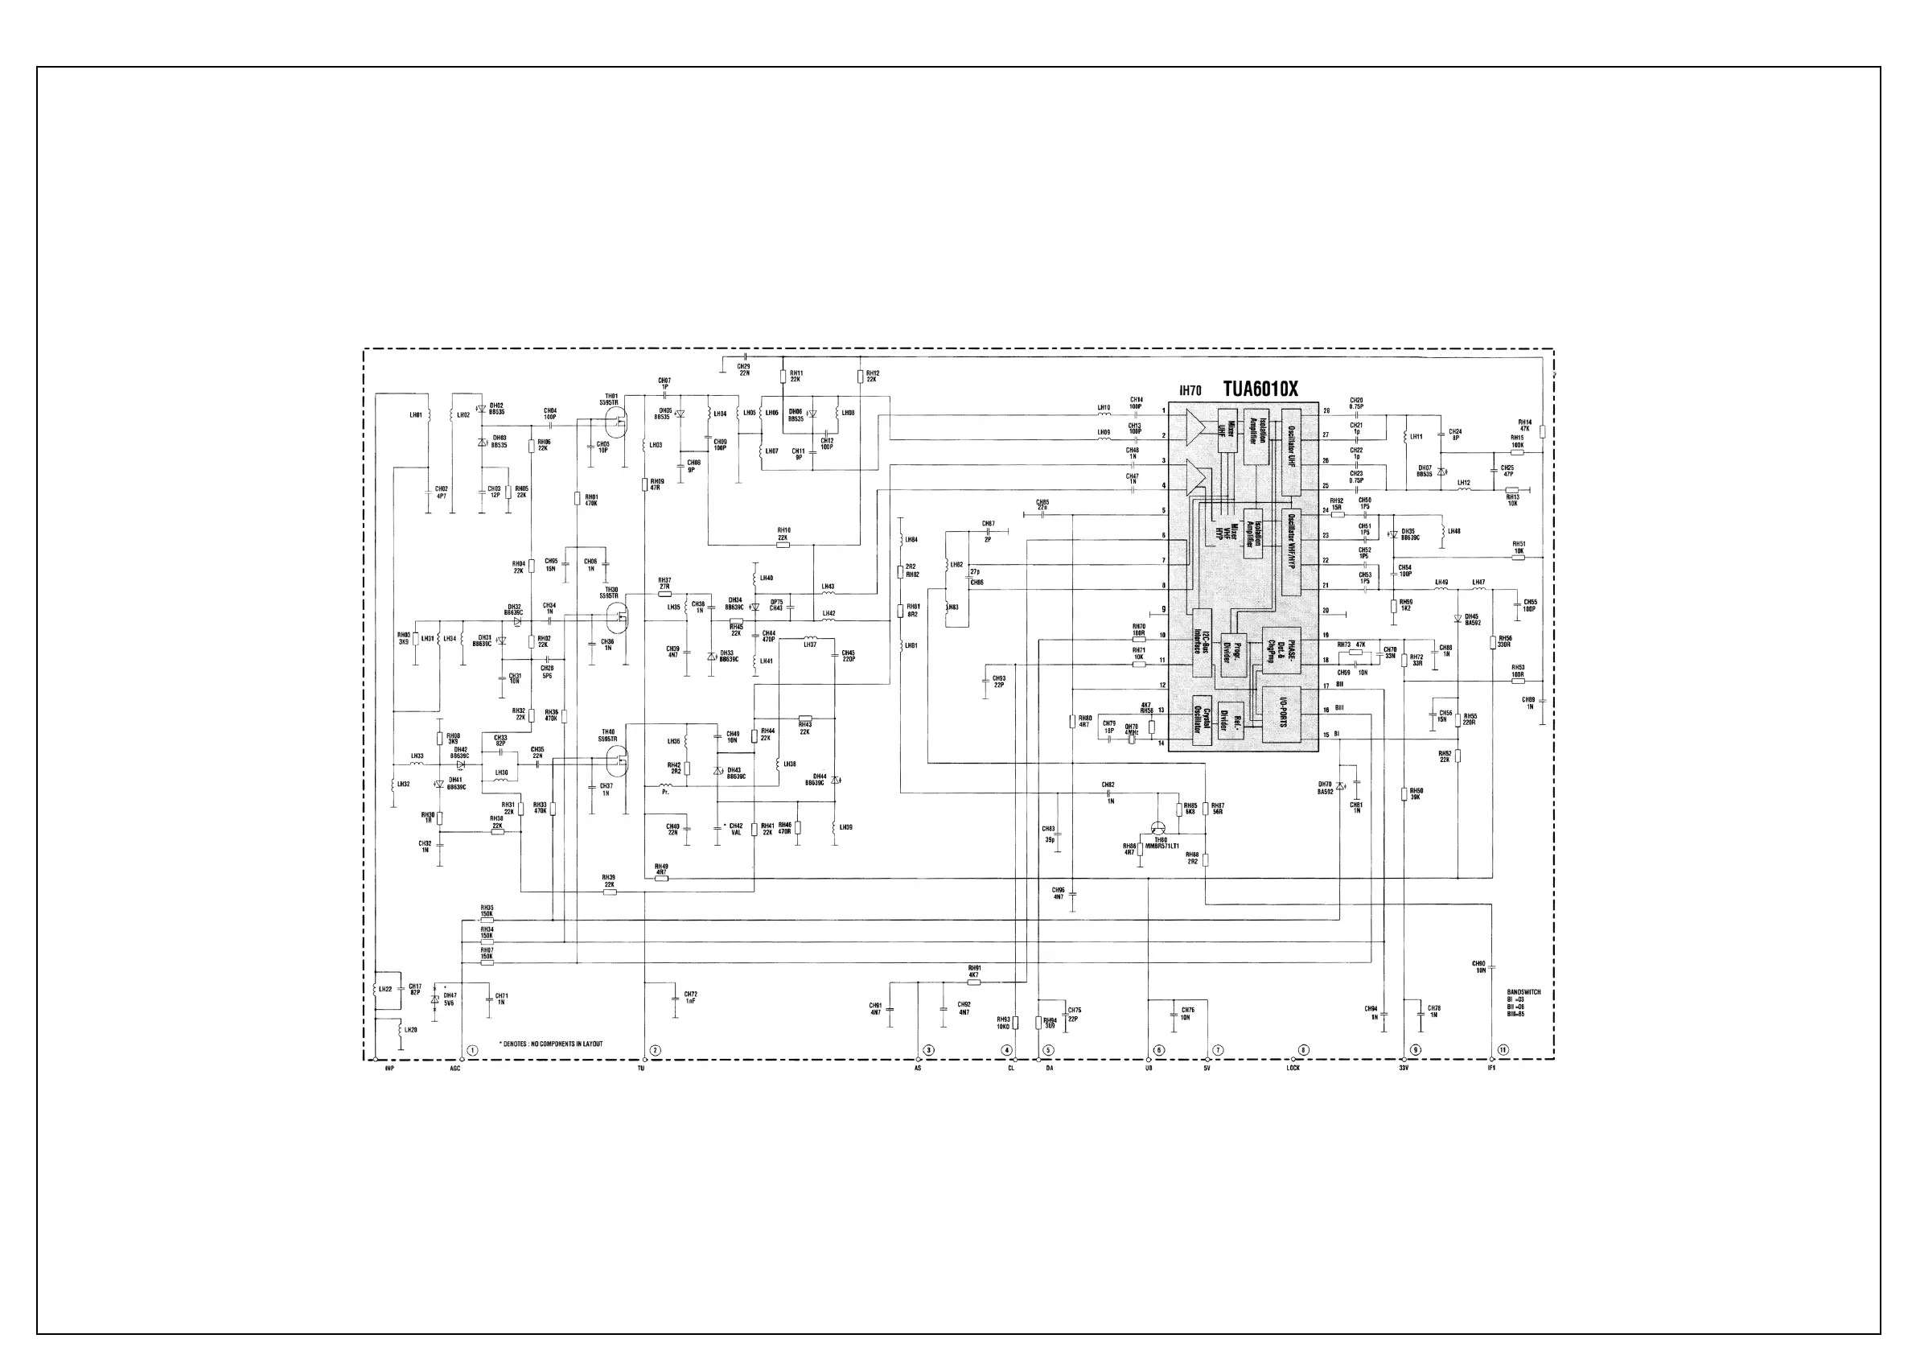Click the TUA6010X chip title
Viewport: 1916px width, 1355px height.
pyautogui.click(x=1260, y=389)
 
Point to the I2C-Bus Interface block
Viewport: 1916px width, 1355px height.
pyautogui.click(x=1202, y=650)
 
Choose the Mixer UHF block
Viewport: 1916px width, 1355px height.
pyautogui.click(x=1227, y=430)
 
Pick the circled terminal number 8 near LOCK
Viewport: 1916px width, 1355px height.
pyautogui.click(x=1305, y=1049)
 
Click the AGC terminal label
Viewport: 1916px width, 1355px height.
pyautogui.click(x=454, y=1069)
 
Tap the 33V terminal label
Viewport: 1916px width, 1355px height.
pyautogui.click(x=1404, y=1069)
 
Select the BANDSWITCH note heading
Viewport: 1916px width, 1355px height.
pyautogui.click(x=1523, y=993)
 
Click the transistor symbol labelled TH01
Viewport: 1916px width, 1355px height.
pyautogui.click(x=618, y=422)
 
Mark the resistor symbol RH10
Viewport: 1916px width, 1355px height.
pyautogui.click(x=783, y=545)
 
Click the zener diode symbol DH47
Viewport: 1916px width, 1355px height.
pyautogui.click(x=435, y=999)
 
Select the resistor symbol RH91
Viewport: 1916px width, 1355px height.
pyautogui.click(x=973, y=982)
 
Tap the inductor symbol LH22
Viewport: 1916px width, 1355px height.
pyautogui.click(x=376, y=991)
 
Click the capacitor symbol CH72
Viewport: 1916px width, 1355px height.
pyautogui.click(x=676, y=997)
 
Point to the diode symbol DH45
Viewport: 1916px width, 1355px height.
pyautogui.click(x=1458, y=619)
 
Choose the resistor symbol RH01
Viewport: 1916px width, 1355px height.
pyautogui.click(x=577, y=498)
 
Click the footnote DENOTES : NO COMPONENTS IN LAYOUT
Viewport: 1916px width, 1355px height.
pyautogui.click(x=551, y=1044)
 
